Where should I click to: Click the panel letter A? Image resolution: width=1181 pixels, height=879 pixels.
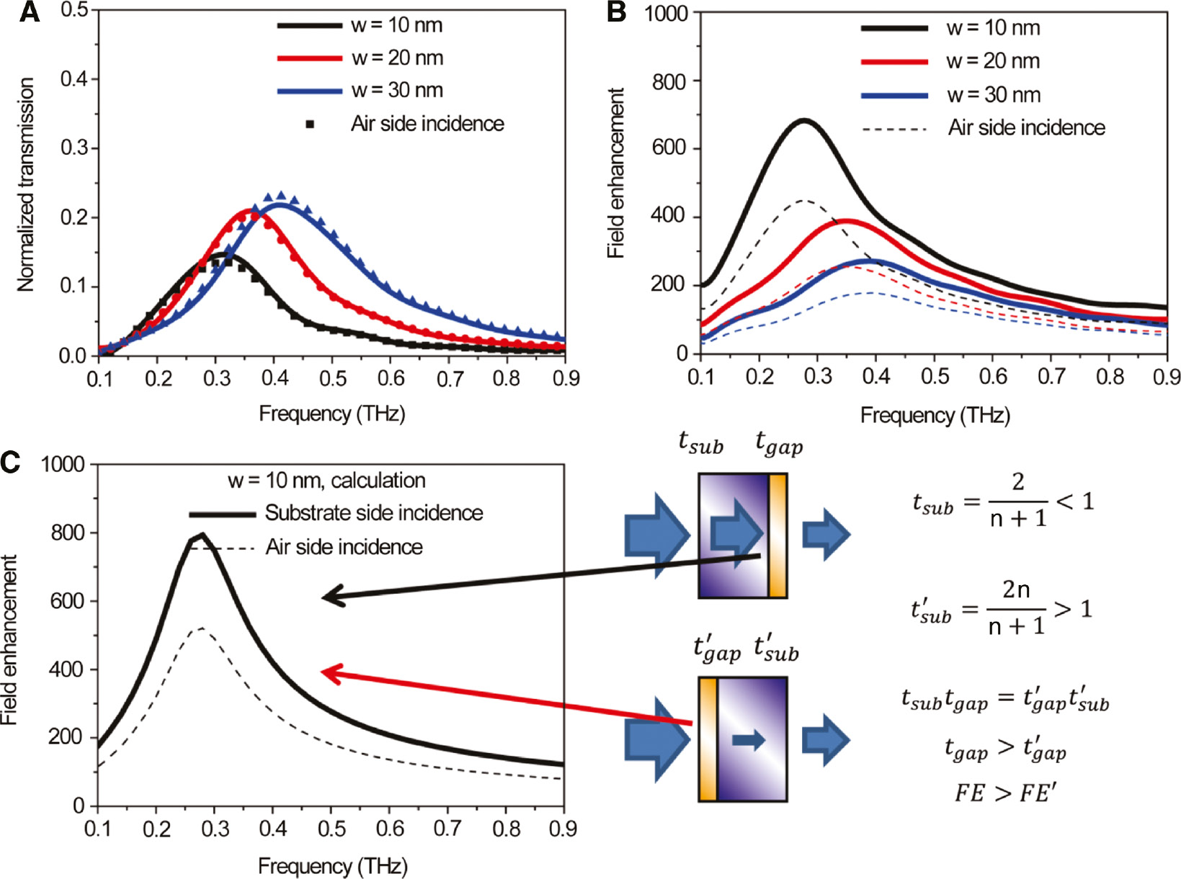29,12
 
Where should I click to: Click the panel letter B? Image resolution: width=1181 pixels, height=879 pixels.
616,12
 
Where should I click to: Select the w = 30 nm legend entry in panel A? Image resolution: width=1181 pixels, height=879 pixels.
397,91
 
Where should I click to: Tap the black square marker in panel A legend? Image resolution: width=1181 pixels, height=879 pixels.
310,125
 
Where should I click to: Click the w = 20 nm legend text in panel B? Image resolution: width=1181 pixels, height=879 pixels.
993,62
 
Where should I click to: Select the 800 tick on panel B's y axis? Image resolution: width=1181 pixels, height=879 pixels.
669,81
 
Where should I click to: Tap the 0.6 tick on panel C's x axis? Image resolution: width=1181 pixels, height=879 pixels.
389,829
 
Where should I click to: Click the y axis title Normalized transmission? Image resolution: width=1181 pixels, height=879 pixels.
26,184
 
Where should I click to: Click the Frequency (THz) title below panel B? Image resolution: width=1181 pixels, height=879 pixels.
935,416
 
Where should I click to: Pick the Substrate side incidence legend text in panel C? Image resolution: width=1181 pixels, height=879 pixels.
373,513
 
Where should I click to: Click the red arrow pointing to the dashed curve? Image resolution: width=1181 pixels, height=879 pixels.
504,697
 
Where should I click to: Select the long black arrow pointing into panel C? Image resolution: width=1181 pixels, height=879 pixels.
540,576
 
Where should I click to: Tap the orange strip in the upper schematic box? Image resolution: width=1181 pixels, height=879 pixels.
777,535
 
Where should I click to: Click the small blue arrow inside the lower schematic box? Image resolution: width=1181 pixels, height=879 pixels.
748,740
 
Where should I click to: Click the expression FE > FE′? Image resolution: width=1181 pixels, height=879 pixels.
1005,793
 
